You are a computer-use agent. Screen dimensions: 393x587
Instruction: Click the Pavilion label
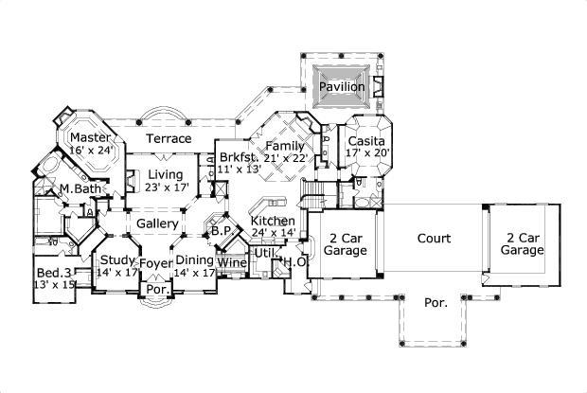[341, 87]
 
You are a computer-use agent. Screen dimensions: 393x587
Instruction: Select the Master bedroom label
[91, 136]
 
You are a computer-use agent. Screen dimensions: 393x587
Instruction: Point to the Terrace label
[169, 138]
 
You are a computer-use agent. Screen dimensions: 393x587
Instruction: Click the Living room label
[165, 174]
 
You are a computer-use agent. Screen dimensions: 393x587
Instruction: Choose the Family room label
[284, 146]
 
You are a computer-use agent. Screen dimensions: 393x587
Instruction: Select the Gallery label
[158, 223]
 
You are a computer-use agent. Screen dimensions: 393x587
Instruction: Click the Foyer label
[156, 262]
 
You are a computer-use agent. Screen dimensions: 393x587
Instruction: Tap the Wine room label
[232, 261]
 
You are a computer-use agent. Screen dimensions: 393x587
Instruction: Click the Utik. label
[265, 254]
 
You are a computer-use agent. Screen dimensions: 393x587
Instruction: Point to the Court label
[434, 239]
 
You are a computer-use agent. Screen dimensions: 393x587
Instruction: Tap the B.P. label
[222, 230]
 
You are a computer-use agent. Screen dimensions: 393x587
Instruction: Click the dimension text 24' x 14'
[274, 232]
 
